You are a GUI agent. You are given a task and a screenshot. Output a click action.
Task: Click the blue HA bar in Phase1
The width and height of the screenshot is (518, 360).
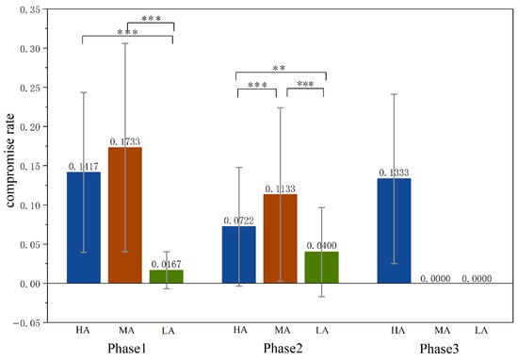click(x=83, y=227)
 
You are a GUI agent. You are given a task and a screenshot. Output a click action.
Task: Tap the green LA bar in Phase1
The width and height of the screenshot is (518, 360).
click(x=166, y=276)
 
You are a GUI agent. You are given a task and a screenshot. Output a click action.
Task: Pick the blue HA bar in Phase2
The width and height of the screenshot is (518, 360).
click(x=238, y=254)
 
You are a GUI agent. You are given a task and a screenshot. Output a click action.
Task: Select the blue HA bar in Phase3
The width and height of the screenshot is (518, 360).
click(x=393, y=231)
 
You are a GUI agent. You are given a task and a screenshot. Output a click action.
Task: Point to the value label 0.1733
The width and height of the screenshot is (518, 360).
click(x=124, y=141)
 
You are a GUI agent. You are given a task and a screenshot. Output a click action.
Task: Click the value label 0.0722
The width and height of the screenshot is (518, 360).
click(x=238, y=221)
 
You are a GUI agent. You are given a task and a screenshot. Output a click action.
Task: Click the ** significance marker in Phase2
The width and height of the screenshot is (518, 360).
click(x=280, y=68)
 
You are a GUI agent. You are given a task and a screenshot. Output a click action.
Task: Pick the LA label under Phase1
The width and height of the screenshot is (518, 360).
click(x=166, y=330)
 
